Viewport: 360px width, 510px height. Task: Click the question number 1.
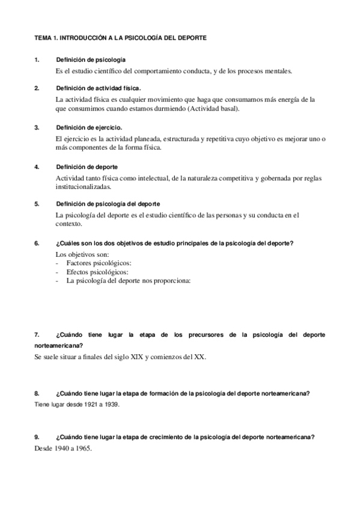[37, 60]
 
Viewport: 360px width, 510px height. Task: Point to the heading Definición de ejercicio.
[90, 127]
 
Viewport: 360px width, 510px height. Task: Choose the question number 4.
[37, 167]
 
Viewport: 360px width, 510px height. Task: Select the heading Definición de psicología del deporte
[108, 204]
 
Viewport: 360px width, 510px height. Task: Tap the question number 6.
[37, 243]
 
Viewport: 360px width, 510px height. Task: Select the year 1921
[84, 405]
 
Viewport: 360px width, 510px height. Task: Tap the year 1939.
[110, 405]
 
